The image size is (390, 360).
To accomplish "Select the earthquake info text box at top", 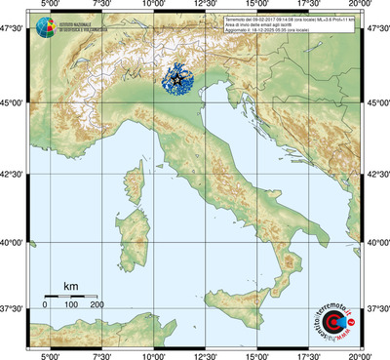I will point(302,24).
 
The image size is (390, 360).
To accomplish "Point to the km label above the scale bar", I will point(70,286).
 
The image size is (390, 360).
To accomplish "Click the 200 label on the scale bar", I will point(96,305).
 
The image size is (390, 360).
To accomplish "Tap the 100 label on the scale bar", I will point(70,305).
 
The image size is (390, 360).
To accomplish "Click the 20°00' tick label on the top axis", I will point(361,6).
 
